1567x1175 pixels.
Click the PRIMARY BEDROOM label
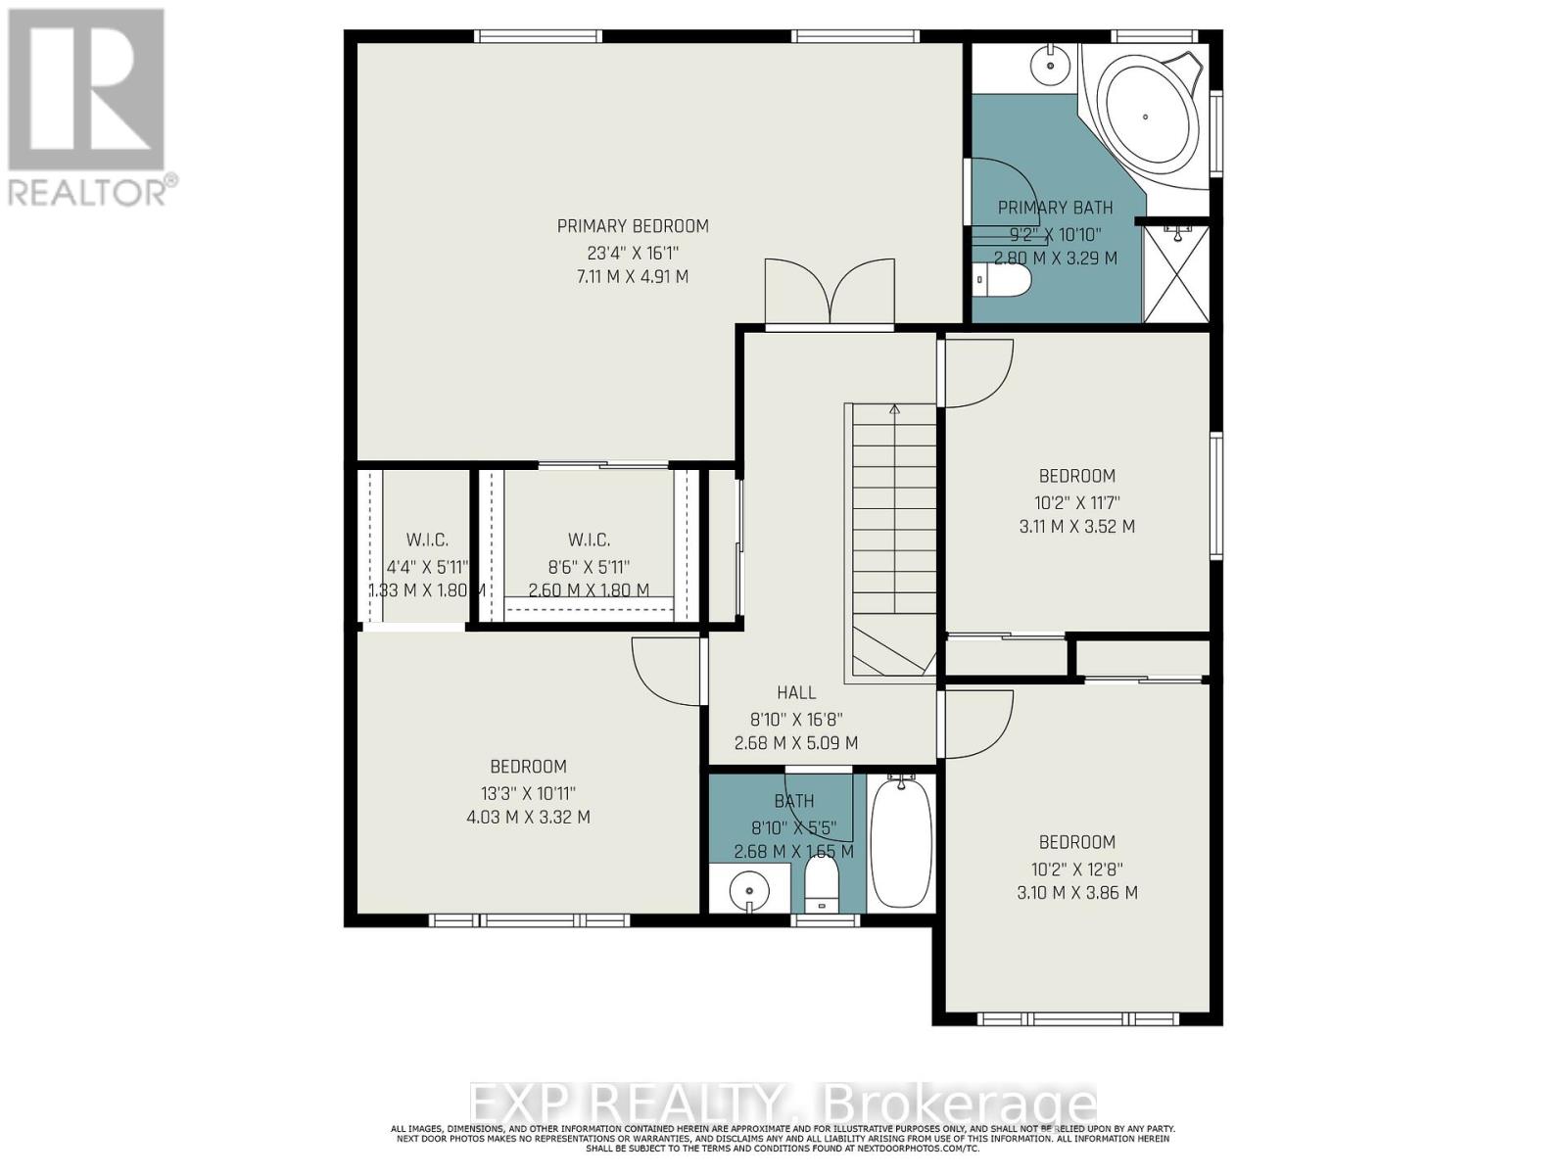point(633,226)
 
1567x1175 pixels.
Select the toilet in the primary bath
point(1004,282)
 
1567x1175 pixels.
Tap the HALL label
point(796,692)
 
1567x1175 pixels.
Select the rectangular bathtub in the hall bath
point(900,842)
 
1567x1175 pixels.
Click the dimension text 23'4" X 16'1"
point(633,252)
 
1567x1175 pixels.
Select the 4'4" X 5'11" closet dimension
point(427,566)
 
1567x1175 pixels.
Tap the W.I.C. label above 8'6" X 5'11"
point(589,540)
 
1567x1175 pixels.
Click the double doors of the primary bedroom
point(830,292)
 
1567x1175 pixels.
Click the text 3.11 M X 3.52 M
point(1077,526)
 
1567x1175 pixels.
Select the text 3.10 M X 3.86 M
point(1077,892)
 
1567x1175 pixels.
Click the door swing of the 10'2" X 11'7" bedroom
point(976,373)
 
